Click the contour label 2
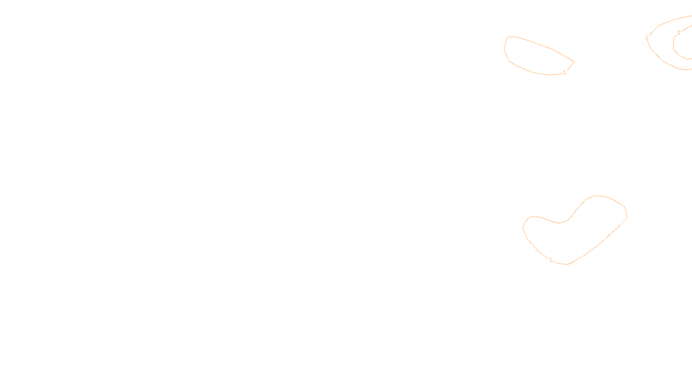pyautogui.click(x=679, y=33)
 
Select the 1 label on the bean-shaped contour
pyautogui.click(x=551, y=260)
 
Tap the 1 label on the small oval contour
pyautogui.click(x=564, y=73)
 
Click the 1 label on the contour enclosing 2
pyautogui.click(x=647, y=38)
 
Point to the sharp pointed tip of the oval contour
pyautogui.click(x=573, y=62)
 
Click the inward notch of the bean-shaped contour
pyautogui.click(x=560, y=223)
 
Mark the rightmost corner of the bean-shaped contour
pyautogui.click(x=627, y=217)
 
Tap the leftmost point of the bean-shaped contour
pyautogui.click(x=523, y=228)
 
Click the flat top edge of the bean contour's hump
pyautogui.click(x=599, y=196)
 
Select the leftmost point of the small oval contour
pyautogui.click(x=504, y=49)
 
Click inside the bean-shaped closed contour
pyautogui.click(x=575, y=238)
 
